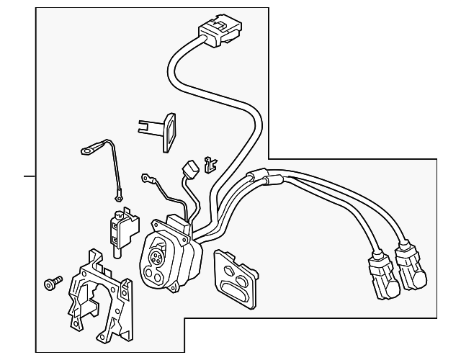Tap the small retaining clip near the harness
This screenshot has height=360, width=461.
[210, 164]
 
